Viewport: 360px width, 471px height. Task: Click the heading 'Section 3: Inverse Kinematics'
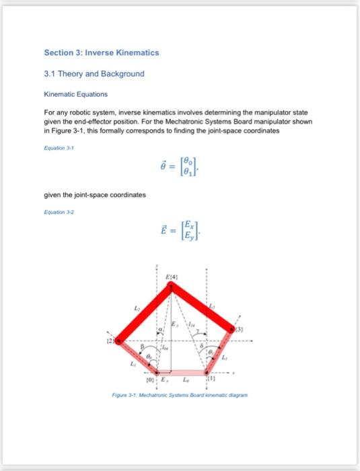102,52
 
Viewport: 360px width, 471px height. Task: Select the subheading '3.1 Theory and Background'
94,73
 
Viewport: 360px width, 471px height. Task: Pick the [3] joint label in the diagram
238,329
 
